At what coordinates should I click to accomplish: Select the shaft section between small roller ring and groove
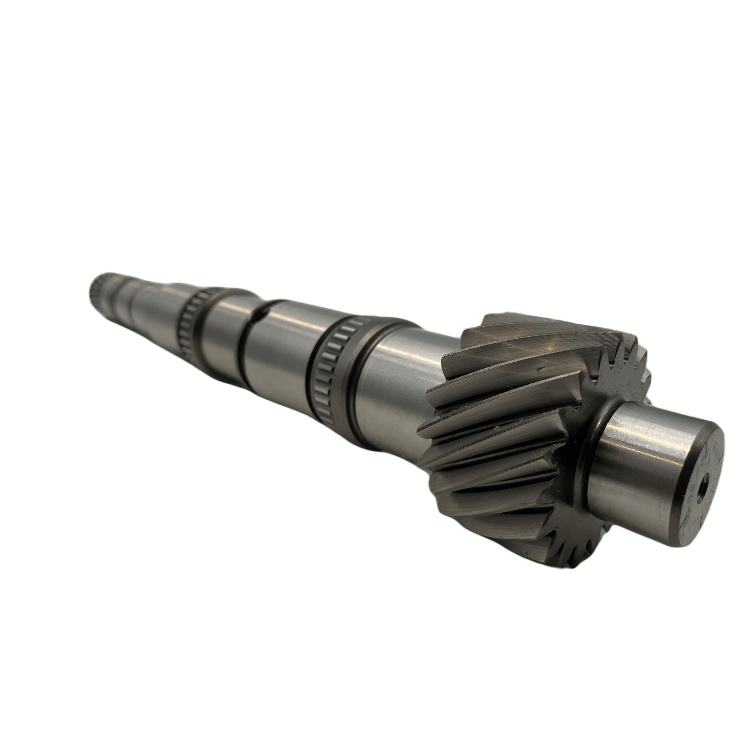(x=221, y=321)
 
